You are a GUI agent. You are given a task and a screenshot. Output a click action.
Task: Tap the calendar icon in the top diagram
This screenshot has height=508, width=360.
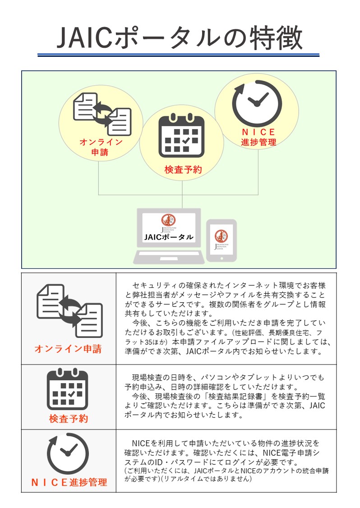tap(181, 136)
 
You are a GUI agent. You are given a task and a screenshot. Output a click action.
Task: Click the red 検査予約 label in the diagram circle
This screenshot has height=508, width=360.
tap(182, 170)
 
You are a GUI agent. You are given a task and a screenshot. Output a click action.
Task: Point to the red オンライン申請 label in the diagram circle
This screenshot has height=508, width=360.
tap(100, 147)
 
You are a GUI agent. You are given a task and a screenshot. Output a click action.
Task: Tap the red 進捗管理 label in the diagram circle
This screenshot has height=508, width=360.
tap(258, 142)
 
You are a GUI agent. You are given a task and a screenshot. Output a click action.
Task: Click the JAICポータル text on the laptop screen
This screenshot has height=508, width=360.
tap(169, 237)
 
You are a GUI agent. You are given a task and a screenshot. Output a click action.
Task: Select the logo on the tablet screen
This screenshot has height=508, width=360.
tap(221, 236)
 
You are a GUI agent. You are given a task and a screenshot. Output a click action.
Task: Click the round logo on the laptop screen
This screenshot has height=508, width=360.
tap(168, 220)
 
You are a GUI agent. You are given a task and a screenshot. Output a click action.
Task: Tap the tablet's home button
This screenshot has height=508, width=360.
tap(221, 259)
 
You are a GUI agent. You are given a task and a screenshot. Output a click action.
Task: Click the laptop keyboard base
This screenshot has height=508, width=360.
tap(169, 258)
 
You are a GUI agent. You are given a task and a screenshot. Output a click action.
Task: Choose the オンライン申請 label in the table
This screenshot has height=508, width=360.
tap(68, 349)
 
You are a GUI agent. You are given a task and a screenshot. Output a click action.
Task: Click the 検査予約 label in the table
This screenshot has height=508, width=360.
tap(69, 419)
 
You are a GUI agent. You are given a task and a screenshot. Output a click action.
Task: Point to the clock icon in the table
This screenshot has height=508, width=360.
tap(68, 453)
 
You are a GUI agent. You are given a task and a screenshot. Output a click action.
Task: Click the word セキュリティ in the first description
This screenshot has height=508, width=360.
tap(154, 286)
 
